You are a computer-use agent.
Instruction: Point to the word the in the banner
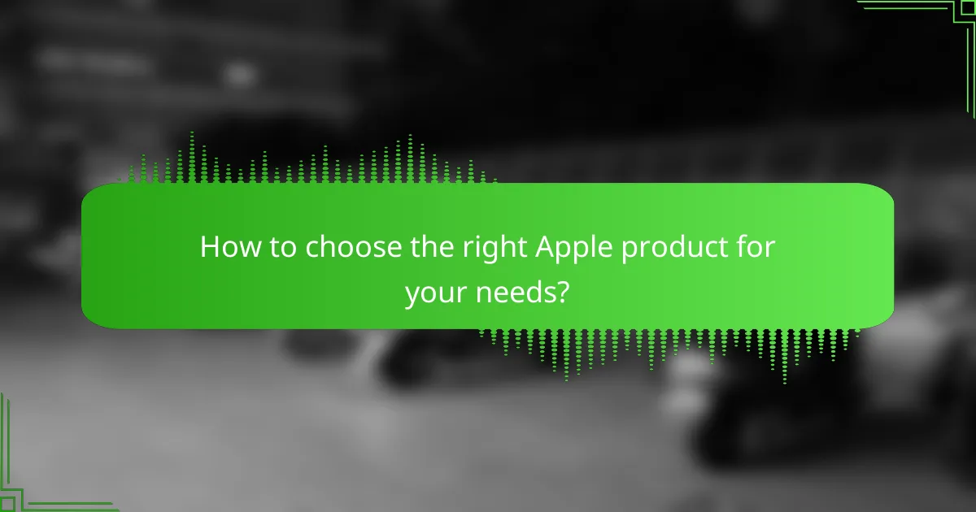click(x=426, y=247)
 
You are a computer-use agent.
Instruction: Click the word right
click(x=483, y=247)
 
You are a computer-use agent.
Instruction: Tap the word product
click(x=666, y=247)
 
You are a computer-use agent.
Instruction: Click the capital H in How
click(x=209, y=247)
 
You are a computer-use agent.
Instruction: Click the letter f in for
click(x=737, y=247)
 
